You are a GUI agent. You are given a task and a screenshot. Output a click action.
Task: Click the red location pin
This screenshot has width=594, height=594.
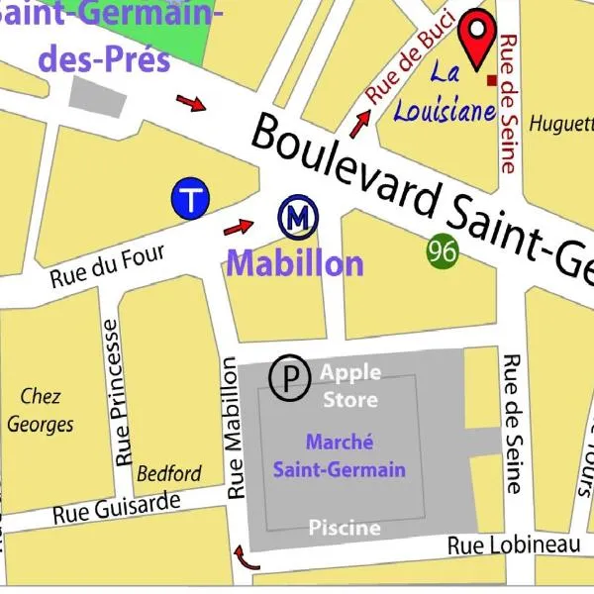pos(479,37)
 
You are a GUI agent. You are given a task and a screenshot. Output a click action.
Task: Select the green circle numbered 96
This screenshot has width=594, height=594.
pos(444,250)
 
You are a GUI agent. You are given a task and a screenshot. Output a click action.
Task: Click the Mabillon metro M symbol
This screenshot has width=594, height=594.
pos(296,218)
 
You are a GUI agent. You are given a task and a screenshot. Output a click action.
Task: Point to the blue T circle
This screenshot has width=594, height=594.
pos(190,199)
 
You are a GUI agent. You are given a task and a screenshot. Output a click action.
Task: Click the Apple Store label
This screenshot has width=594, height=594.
pos(350,386)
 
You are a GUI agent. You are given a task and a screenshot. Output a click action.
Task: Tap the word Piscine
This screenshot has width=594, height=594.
pos(344,527)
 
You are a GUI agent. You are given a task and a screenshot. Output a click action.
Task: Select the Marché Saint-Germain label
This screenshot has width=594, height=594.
pos(354,455)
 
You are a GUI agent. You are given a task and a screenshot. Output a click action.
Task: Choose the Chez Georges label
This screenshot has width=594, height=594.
pos(41,410)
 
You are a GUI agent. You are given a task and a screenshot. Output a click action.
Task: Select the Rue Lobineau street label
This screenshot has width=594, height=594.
pos(513,545)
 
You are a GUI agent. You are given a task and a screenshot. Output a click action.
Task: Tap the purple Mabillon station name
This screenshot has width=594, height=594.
pos(295,263)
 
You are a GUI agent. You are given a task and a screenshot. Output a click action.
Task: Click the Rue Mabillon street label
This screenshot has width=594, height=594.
pos(236,428)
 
